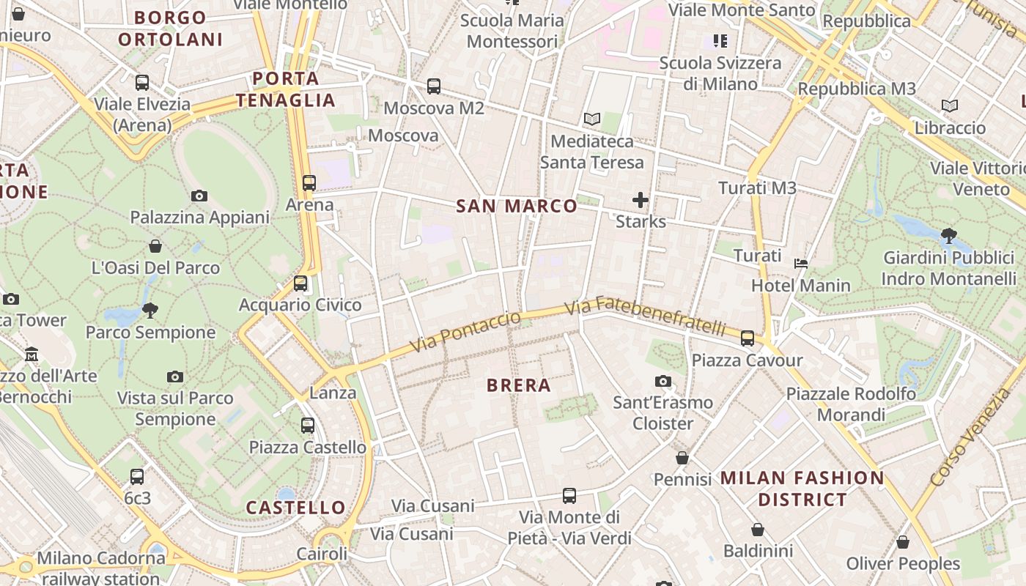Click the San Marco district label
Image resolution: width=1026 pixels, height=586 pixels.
coord(517,207)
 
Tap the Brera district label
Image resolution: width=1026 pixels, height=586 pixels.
coord(518,385)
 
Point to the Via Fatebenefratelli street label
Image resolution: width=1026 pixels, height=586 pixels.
coord(646,316)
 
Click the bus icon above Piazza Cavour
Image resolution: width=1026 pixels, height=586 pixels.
coord(748,338)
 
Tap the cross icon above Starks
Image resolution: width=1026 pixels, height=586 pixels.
coord(641,199)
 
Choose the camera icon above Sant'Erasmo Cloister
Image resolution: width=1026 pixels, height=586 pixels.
coord(663,381)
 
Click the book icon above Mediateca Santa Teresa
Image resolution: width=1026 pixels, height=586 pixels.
coord(592,119)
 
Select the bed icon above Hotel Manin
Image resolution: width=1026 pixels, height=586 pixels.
coord(801,263)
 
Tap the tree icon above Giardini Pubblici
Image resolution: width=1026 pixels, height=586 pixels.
coord(949,236)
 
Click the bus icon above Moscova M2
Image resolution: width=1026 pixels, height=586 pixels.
coord(434,86)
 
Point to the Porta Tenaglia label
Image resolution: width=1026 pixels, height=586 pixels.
coord(286,89)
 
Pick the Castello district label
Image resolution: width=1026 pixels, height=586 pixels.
coord(295,508)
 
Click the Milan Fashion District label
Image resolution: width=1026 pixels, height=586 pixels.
coord(802,489)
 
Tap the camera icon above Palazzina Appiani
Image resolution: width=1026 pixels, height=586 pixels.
coord(199,196)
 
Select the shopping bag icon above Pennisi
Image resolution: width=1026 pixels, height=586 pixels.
coord(682,458)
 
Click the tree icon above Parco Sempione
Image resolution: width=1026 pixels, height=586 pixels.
coord(150,310)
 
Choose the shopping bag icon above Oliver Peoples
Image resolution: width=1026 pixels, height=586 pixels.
coord(903,542)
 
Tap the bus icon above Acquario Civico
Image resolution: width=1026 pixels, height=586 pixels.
coord(300,283)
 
